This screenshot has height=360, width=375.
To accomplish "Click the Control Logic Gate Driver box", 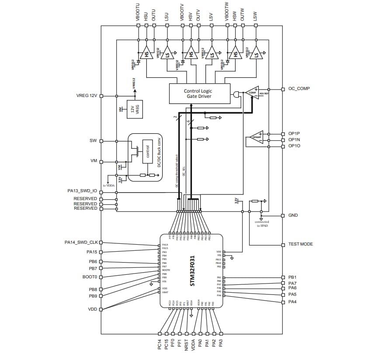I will pyautogui.click(x=199, y=93).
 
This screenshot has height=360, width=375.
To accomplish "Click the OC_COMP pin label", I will pyautogui.click(x=299, y=88).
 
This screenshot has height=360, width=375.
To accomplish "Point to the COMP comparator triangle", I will pyautogui.click(x=252, y=93).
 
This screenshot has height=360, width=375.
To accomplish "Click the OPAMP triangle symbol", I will pyautogui.click(x=256, y=137).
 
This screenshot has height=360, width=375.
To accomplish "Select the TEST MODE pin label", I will pyautogui.click(x=300, y=244).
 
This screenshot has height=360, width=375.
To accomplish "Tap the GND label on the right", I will pyautogui.click(x=293, y=215).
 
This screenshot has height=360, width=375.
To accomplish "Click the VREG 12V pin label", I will pyautogui.click(x=87, y=96).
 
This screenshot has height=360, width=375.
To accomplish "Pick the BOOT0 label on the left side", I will pyautogui.click(x=90, y=277).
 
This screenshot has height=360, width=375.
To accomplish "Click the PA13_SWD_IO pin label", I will pyautogui.click(x=82, y=191).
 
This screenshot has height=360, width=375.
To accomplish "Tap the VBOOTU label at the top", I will pyautogui.click(x=139, y=13).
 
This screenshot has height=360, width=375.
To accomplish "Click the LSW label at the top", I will pyautogui.click(x=255, y=16).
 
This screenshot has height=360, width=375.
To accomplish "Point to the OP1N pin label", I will pyautogui.click(x=294, y=140).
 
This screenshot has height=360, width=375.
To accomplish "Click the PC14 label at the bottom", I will pyautogui.click(x=160, y=344).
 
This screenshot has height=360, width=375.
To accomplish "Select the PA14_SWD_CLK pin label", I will pyautogui.click(x=81, y=242).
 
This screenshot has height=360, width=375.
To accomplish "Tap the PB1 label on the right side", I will pyautogui.click(x=292, y=277).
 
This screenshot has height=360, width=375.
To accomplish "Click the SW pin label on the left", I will pyautogui.click(x=93, y=141).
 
